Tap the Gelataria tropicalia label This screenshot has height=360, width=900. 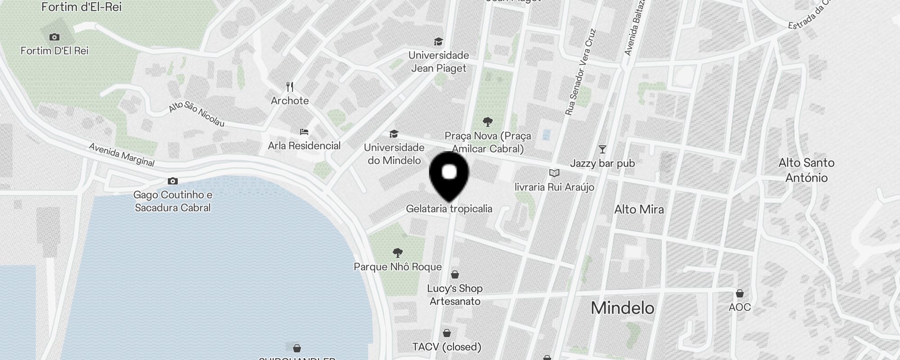pos(449,209)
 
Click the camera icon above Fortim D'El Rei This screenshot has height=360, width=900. pos(54,37)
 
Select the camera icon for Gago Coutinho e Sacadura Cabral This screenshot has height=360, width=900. pos(172,181)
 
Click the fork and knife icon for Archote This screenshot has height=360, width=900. pos(290,86)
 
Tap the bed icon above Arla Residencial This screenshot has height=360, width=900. pos(304,132)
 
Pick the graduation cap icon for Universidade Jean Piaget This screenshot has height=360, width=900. pos(438,42)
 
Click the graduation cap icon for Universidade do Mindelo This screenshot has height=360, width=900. pos(394,134)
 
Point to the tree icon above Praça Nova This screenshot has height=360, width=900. pos(487,121)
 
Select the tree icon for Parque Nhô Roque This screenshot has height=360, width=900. pos(397,252)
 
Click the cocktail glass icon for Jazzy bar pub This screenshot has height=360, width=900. pos(602,149)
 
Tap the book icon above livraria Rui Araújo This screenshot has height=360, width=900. pos(554,173)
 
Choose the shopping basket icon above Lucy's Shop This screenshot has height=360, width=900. pos(455,274)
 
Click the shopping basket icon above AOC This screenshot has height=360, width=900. pos(740,293)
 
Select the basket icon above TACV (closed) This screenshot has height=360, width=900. pos(447,333)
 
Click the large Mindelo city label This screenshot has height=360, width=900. pos(622,308)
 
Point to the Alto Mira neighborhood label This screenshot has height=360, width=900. pos(639,209)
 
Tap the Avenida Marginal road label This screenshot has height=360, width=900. pos(121,155)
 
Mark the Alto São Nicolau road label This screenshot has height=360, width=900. pos(197,114)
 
